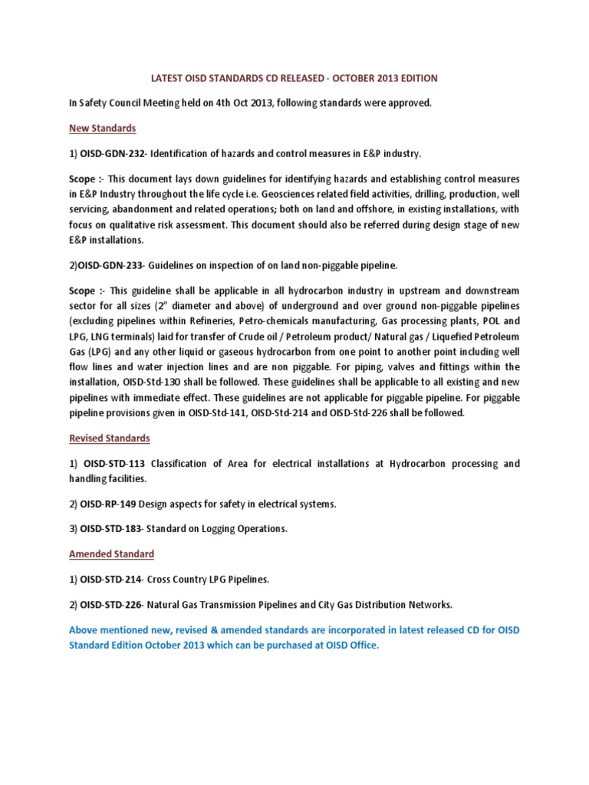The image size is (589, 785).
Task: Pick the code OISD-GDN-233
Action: click(116, 266)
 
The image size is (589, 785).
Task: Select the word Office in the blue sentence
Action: click(363, 646)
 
